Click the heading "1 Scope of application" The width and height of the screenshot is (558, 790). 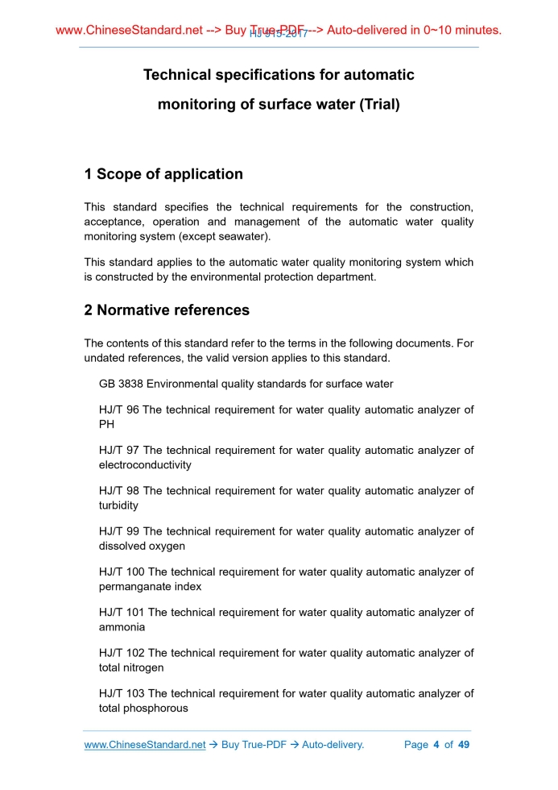[x=163, y=174]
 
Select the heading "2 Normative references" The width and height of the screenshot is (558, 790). [x=167, y=310]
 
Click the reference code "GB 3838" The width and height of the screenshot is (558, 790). [x=121, y=385]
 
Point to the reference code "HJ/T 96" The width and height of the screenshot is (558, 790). [x=119, y=410]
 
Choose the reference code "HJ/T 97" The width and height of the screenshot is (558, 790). [x=119, y=451]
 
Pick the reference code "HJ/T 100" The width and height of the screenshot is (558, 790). [x=122, y=572]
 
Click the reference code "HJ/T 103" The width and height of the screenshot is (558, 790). [x=122, y=694]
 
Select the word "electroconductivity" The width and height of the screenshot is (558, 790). [x=145, y=465]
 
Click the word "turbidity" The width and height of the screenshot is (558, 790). [x=118, y=505]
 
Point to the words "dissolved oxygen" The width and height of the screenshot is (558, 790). [x=142, y=546]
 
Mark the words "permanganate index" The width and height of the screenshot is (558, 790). [x=150, y=587]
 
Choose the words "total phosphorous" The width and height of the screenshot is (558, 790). [x=143, y=709]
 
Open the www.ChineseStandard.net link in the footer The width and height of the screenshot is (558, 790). [x=145, y=745]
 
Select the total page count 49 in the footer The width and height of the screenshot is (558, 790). [x=463, y=745]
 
